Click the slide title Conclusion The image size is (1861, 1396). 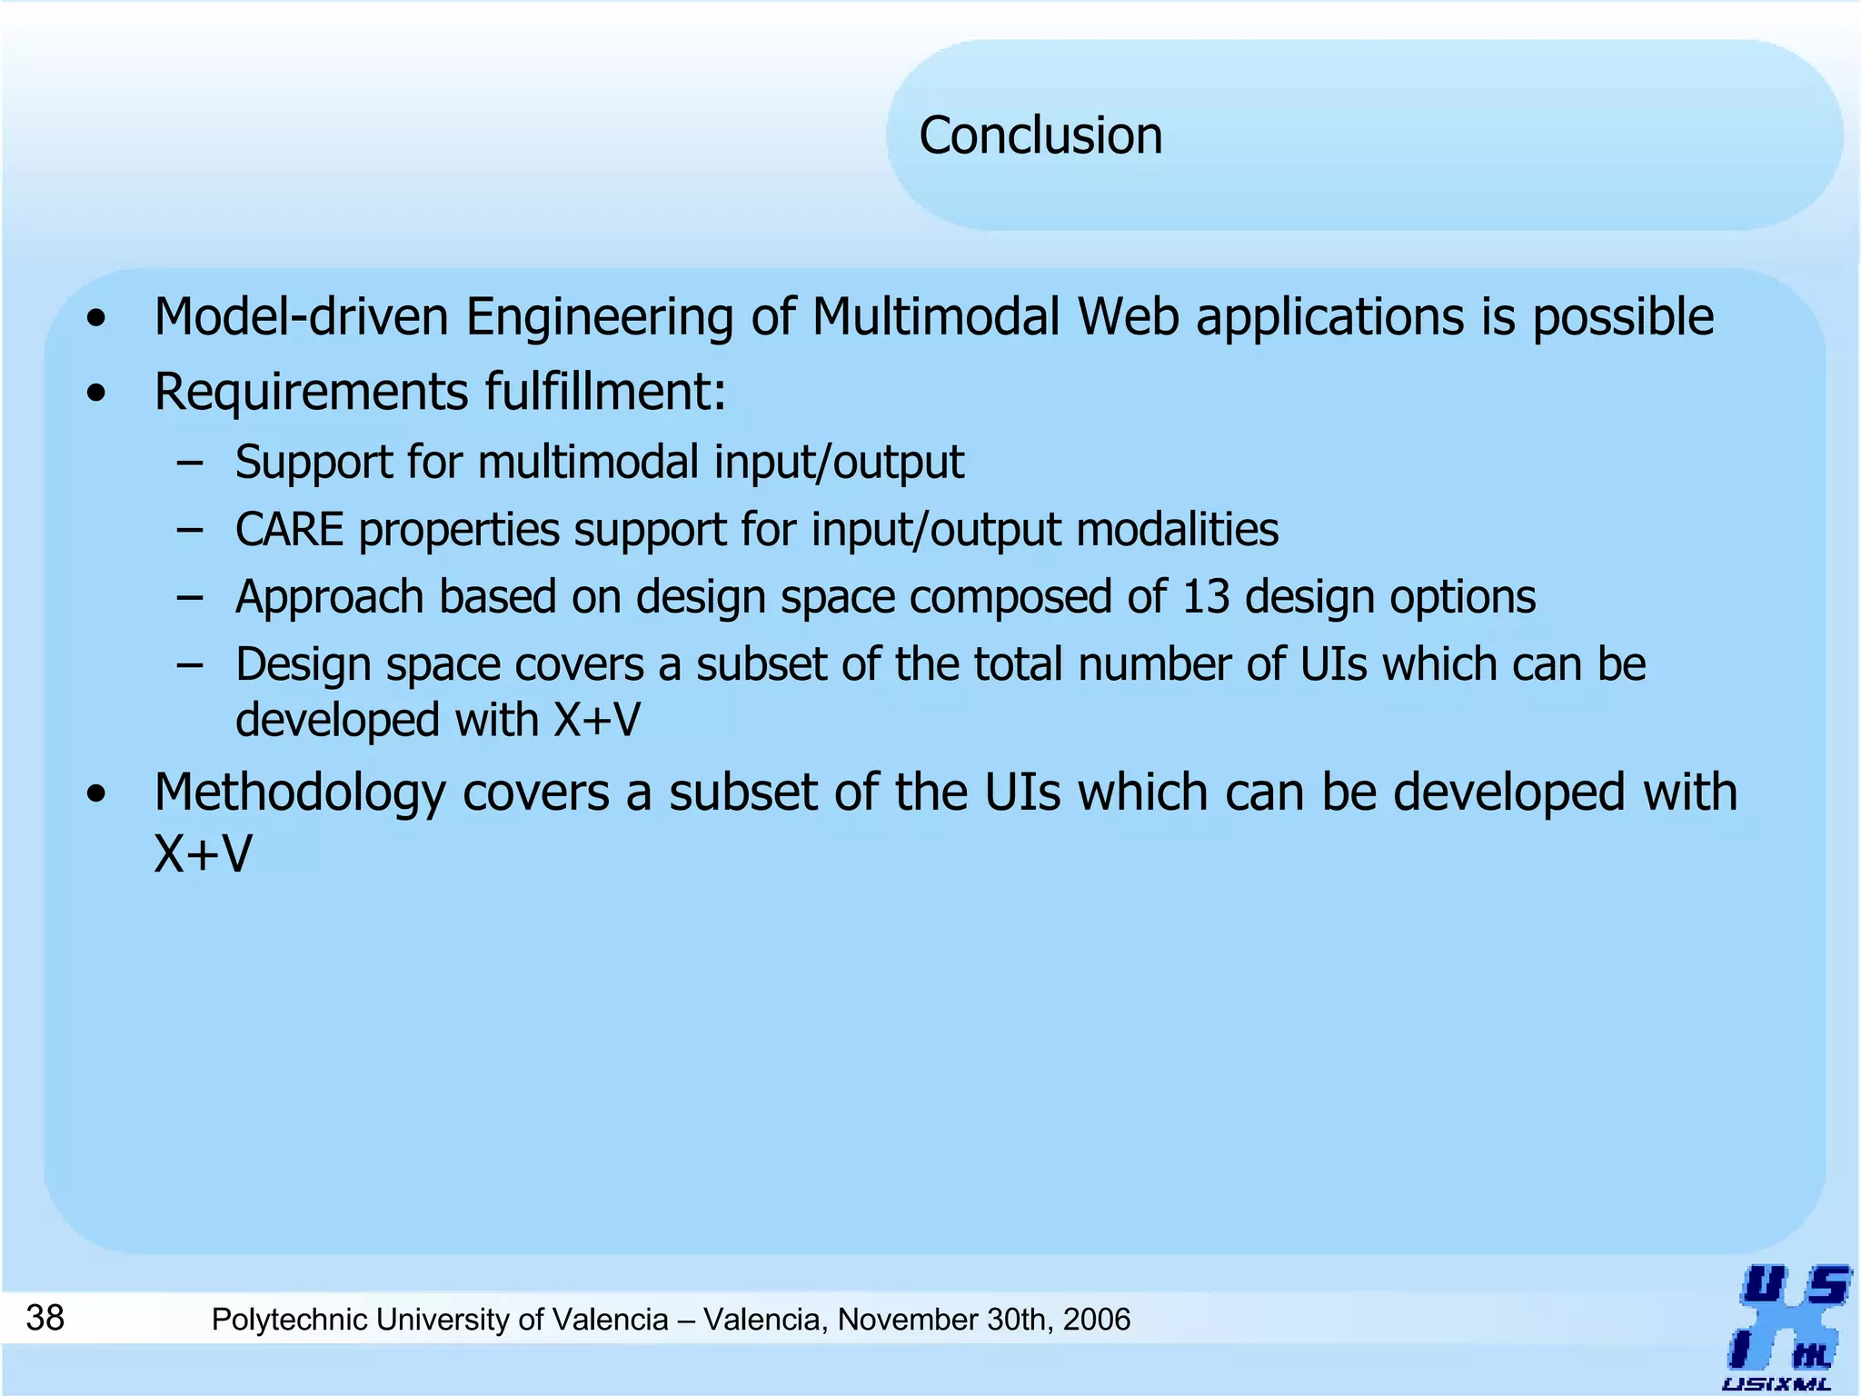click(x=1040, y=135)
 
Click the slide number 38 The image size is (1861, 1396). click(x=45, y=1317)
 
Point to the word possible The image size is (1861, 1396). click(x=1623, y=317)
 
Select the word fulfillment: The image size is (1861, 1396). click(x=604, y=393)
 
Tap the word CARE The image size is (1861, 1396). click(x=289, y=530)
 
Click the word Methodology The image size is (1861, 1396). click(x=300, y=793)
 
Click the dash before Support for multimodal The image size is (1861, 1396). click(x=190, y=463)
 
